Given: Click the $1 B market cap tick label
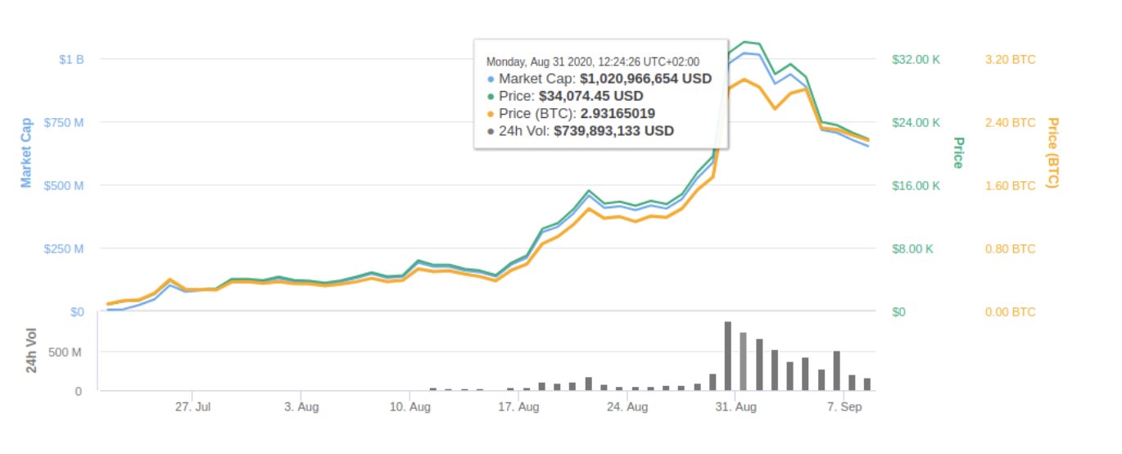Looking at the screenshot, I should tap(71, 60).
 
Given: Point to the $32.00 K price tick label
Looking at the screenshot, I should tap(915, 60).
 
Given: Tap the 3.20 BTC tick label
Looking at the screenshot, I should tap(1008, 60).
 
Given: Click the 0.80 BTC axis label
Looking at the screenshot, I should tap(1008, 249).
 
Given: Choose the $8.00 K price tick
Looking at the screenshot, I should tap(912, 249).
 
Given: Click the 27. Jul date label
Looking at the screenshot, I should tap(194, 406).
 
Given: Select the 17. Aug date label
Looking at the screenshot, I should tap(518, 406).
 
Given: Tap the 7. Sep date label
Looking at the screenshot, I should tap(843, 406).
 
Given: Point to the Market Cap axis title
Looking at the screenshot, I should tap(26, 151).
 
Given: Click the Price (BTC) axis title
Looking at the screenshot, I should tap(1053, 152).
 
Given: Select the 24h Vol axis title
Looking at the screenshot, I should tap(32, 350).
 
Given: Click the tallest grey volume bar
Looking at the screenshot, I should tap(727, 356).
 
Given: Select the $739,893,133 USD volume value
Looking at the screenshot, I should tap(613, 130).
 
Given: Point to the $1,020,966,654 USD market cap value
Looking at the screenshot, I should tap(645, 79).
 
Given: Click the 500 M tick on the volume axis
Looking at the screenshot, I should tap(66, 352).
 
